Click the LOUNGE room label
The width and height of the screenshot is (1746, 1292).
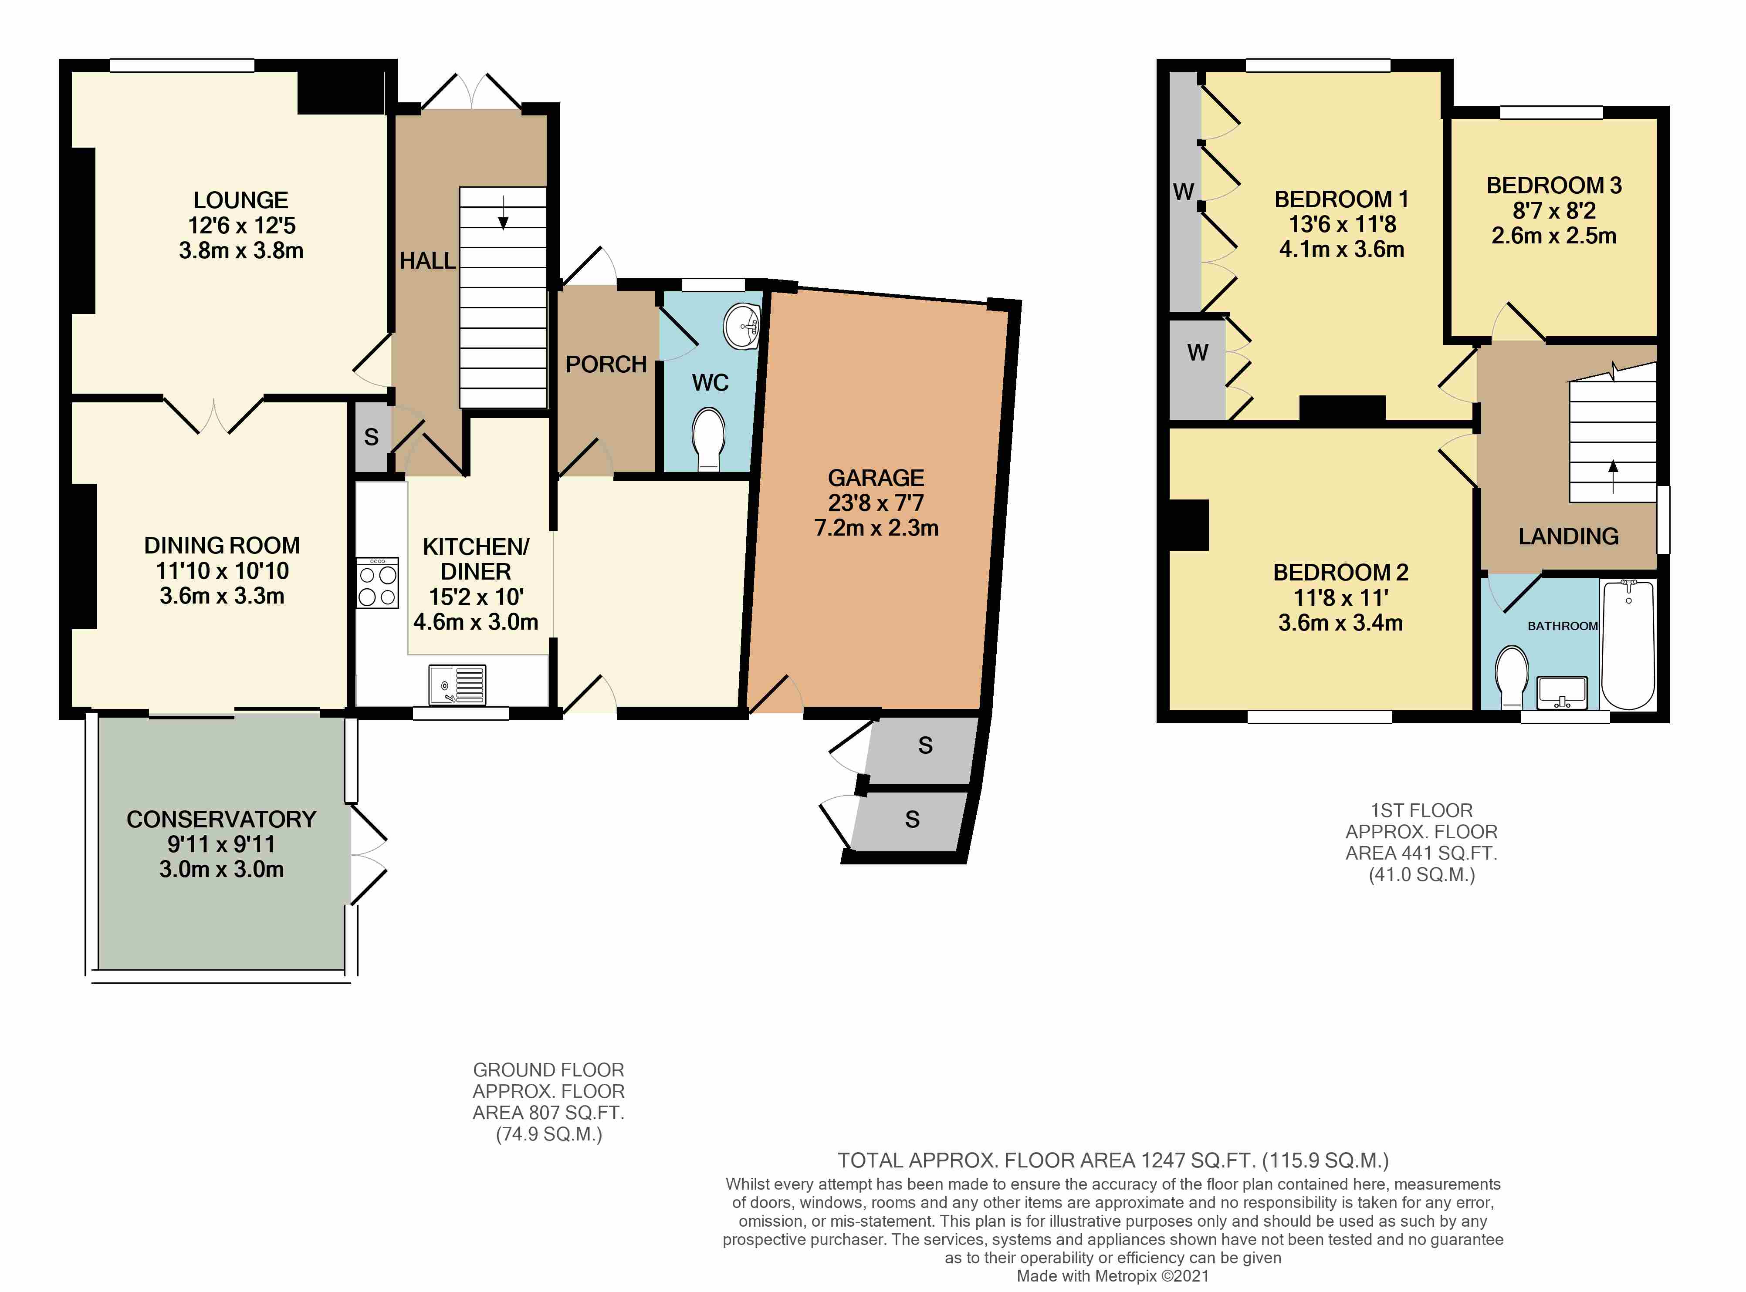[x=241, y=200]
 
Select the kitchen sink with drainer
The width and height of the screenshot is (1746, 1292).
[x=457, y=685]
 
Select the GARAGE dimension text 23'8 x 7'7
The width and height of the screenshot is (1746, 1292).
[x=876, y=503]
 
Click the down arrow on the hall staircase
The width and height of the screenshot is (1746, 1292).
[x=503, y=213]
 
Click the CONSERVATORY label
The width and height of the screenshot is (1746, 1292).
[x=221, y=819]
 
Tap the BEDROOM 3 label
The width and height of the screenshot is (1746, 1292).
[x=1553, y=186]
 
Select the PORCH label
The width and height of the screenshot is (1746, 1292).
[x=606, y=364]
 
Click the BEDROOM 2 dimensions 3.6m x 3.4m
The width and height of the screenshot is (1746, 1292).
[x=1340, y=623]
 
